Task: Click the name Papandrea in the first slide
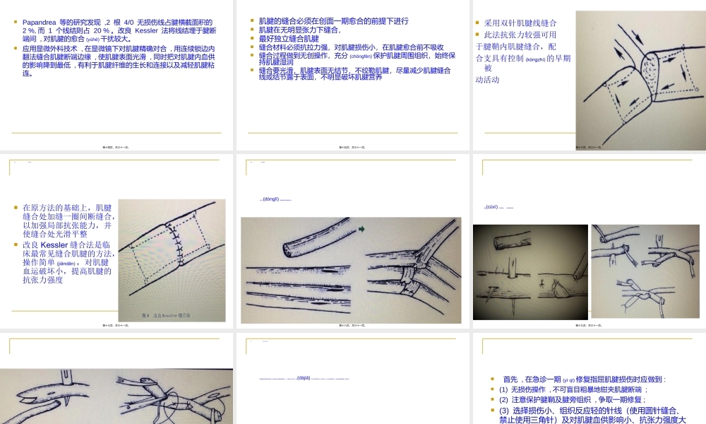coord(40,23)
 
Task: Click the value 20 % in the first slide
coord(95,31)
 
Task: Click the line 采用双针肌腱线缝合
coord(520,23)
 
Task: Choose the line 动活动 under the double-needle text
coord(488,80)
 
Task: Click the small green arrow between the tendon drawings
coord(361,229)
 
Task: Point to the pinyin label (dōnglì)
coord(272,200)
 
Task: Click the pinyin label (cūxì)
coord(492,207)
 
